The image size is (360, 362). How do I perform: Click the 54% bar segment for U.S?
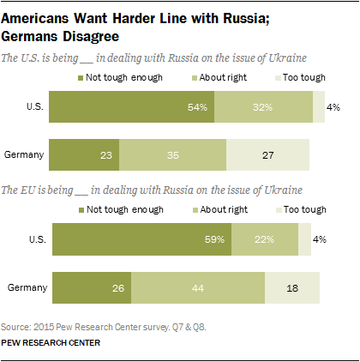[x=131, y=107]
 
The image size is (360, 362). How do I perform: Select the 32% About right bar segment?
[x=263, y=107]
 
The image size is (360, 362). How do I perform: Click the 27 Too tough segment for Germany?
[x=267, y=157]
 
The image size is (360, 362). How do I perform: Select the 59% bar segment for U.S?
[x=141, y=239]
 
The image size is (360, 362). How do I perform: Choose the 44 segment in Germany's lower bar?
[x=197, y=289]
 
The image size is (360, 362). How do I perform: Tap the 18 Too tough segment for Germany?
[x=291, y=289]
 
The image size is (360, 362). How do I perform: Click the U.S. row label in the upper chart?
[x=35, y=107]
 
